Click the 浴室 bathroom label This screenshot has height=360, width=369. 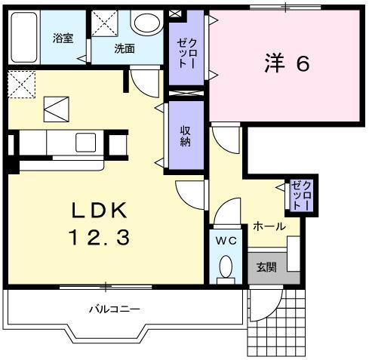[x=63, y=38]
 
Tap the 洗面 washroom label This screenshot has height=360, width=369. [x=125, y=49]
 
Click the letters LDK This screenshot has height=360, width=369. [x=102, y=209]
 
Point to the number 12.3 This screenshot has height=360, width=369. [x=102, y=238]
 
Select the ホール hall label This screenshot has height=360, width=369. [x=269, y=226]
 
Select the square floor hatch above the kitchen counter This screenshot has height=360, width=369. [x=55, y=110]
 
